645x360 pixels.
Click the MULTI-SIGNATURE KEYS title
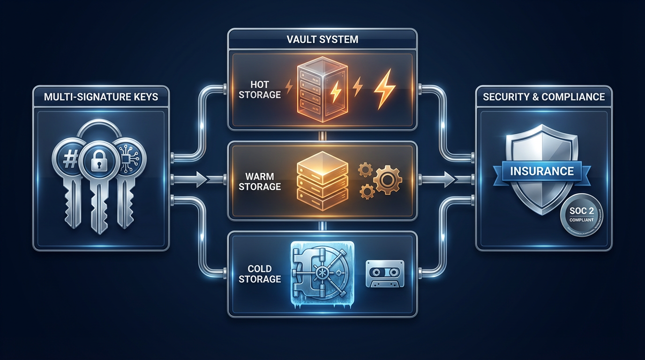(x=101, y=97)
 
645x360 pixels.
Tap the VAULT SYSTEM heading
(x=322, y=39)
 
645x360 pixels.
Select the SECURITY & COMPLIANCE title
(x=544, y=97)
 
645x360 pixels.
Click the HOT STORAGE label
(x=259, y=89)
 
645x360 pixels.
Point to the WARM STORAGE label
(x=259, y=181)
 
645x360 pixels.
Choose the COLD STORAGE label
(x=259, y=274)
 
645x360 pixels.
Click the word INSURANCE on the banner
(x=542, y=171)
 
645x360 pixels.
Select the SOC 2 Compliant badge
(x=581, y=215)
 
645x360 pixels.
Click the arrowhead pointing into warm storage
(x=202, y=179)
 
